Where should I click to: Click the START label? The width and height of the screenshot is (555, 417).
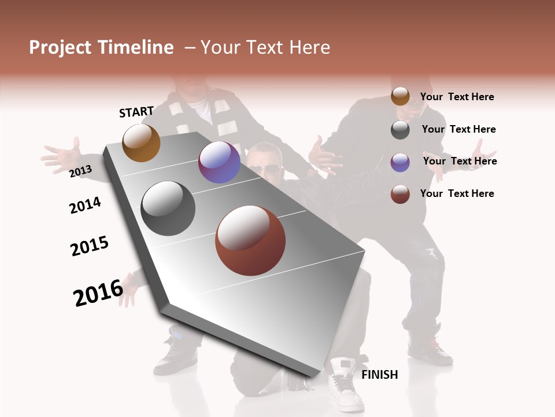click(136, 112)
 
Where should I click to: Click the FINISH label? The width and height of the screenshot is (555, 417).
click(380, 375)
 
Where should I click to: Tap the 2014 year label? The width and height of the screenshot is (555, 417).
click(85, 205)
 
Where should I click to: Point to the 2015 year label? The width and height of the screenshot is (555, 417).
click(90, 246)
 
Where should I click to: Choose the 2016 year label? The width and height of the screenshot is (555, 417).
click(98, 292)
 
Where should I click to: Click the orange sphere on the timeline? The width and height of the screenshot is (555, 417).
click(141, 142)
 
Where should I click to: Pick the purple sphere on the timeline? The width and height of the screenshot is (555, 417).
click(219, 163)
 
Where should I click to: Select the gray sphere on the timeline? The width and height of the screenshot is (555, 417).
click(168, 209)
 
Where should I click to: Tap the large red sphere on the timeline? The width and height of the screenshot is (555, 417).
click(250, 240)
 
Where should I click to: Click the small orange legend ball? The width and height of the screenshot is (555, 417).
click(400, 97)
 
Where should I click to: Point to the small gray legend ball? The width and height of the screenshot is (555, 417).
click(400, 130)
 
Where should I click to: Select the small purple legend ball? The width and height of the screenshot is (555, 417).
click(400, 162)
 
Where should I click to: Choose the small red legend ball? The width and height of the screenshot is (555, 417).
click(400, 194)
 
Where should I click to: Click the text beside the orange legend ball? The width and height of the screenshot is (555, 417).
click(457, 97)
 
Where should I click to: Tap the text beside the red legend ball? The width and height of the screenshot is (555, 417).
click(457, 193)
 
